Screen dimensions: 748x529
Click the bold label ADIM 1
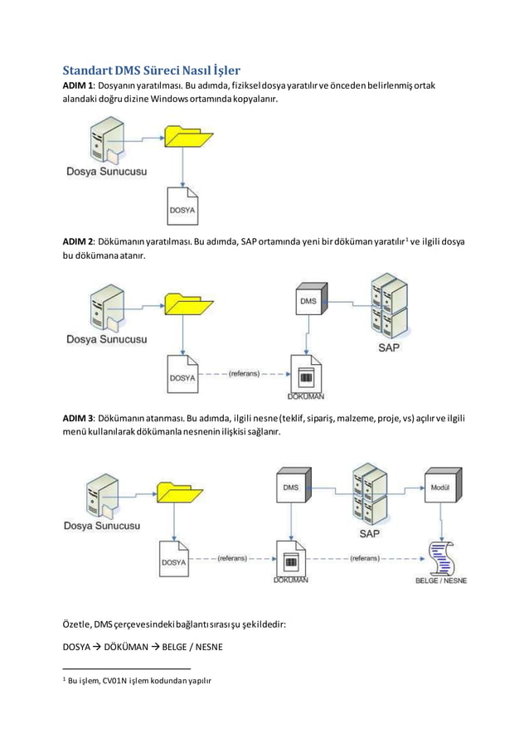click(x=81, y=87)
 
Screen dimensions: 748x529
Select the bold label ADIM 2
click(x=81, y=241)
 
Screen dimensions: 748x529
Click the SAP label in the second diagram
click(x=388, y=347)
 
